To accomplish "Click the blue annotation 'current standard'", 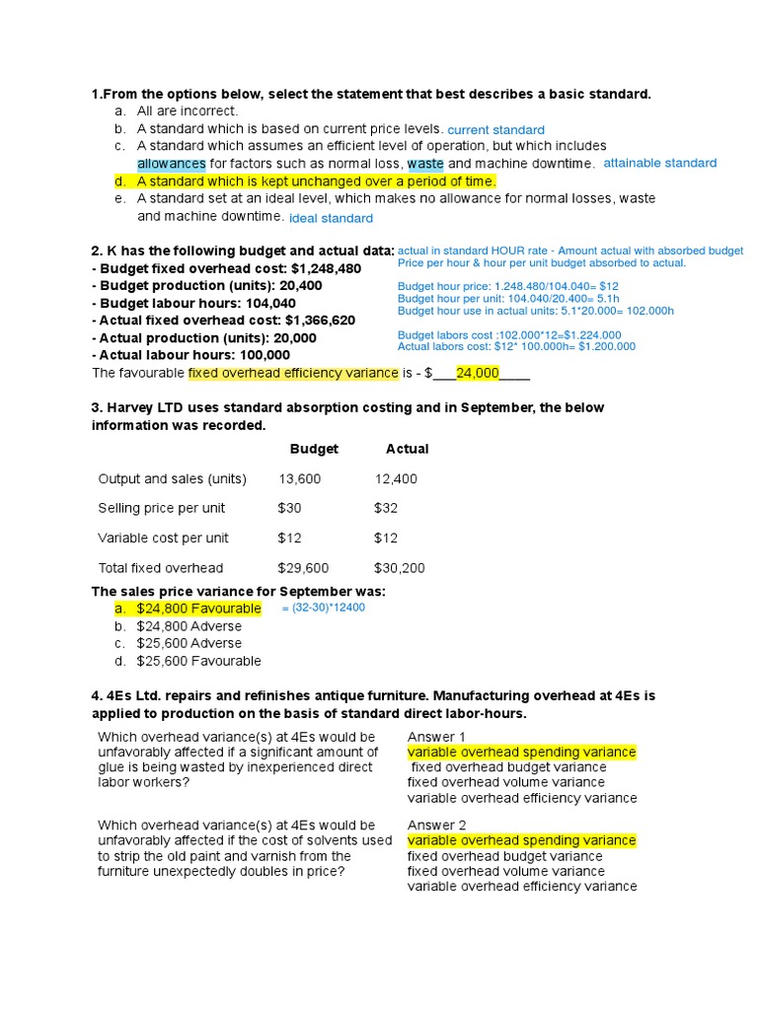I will (495, 130).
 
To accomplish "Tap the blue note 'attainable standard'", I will (659, 163).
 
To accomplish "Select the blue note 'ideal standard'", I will (331, 218).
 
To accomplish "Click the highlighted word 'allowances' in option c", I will (171, 164).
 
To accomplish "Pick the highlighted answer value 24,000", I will (478, 373).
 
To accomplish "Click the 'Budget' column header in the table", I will (314, 449).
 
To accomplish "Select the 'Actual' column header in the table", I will (407, 449).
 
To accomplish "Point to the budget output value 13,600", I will (299, 479).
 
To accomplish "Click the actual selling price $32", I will (387, 509).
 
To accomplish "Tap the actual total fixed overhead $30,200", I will (400, 568).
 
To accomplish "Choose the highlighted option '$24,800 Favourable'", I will (198, 609).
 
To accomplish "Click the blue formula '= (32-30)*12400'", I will (323, 608).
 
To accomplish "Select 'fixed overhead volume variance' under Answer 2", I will (505, 871).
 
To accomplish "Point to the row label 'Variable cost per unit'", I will (163, 539).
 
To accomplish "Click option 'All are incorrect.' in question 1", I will (188, 111).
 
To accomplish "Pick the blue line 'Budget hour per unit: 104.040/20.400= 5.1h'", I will (522, 299).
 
